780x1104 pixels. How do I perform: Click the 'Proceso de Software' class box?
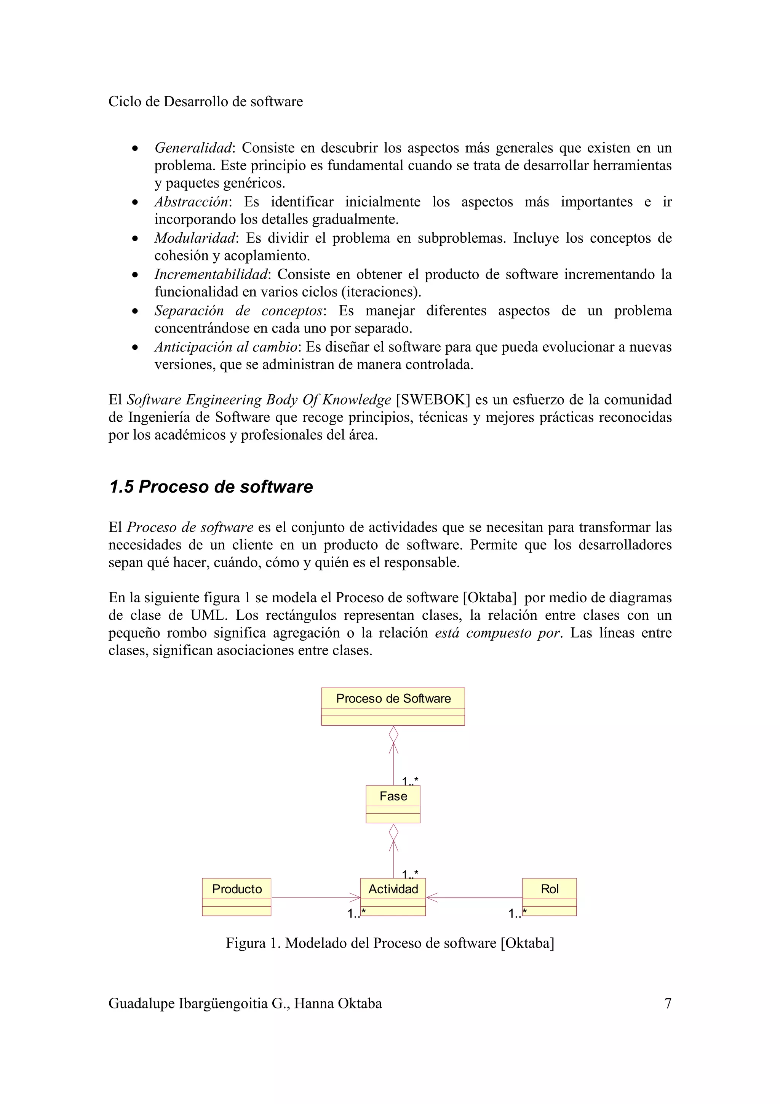point(393,706)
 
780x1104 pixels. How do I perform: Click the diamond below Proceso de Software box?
point(393,734)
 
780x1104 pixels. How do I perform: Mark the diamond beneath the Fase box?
point(393,832)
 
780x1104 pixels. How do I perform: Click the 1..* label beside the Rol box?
point(517,913)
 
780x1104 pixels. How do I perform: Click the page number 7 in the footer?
point(668,1003)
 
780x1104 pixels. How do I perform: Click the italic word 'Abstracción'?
point(191,202)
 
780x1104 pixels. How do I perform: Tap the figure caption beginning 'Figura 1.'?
point(390,943)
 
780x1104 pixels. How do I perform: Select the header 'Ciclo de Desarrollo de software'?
point(205,101)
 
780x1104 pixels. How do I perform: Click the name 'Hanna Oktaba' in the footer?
point(338,1003)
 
